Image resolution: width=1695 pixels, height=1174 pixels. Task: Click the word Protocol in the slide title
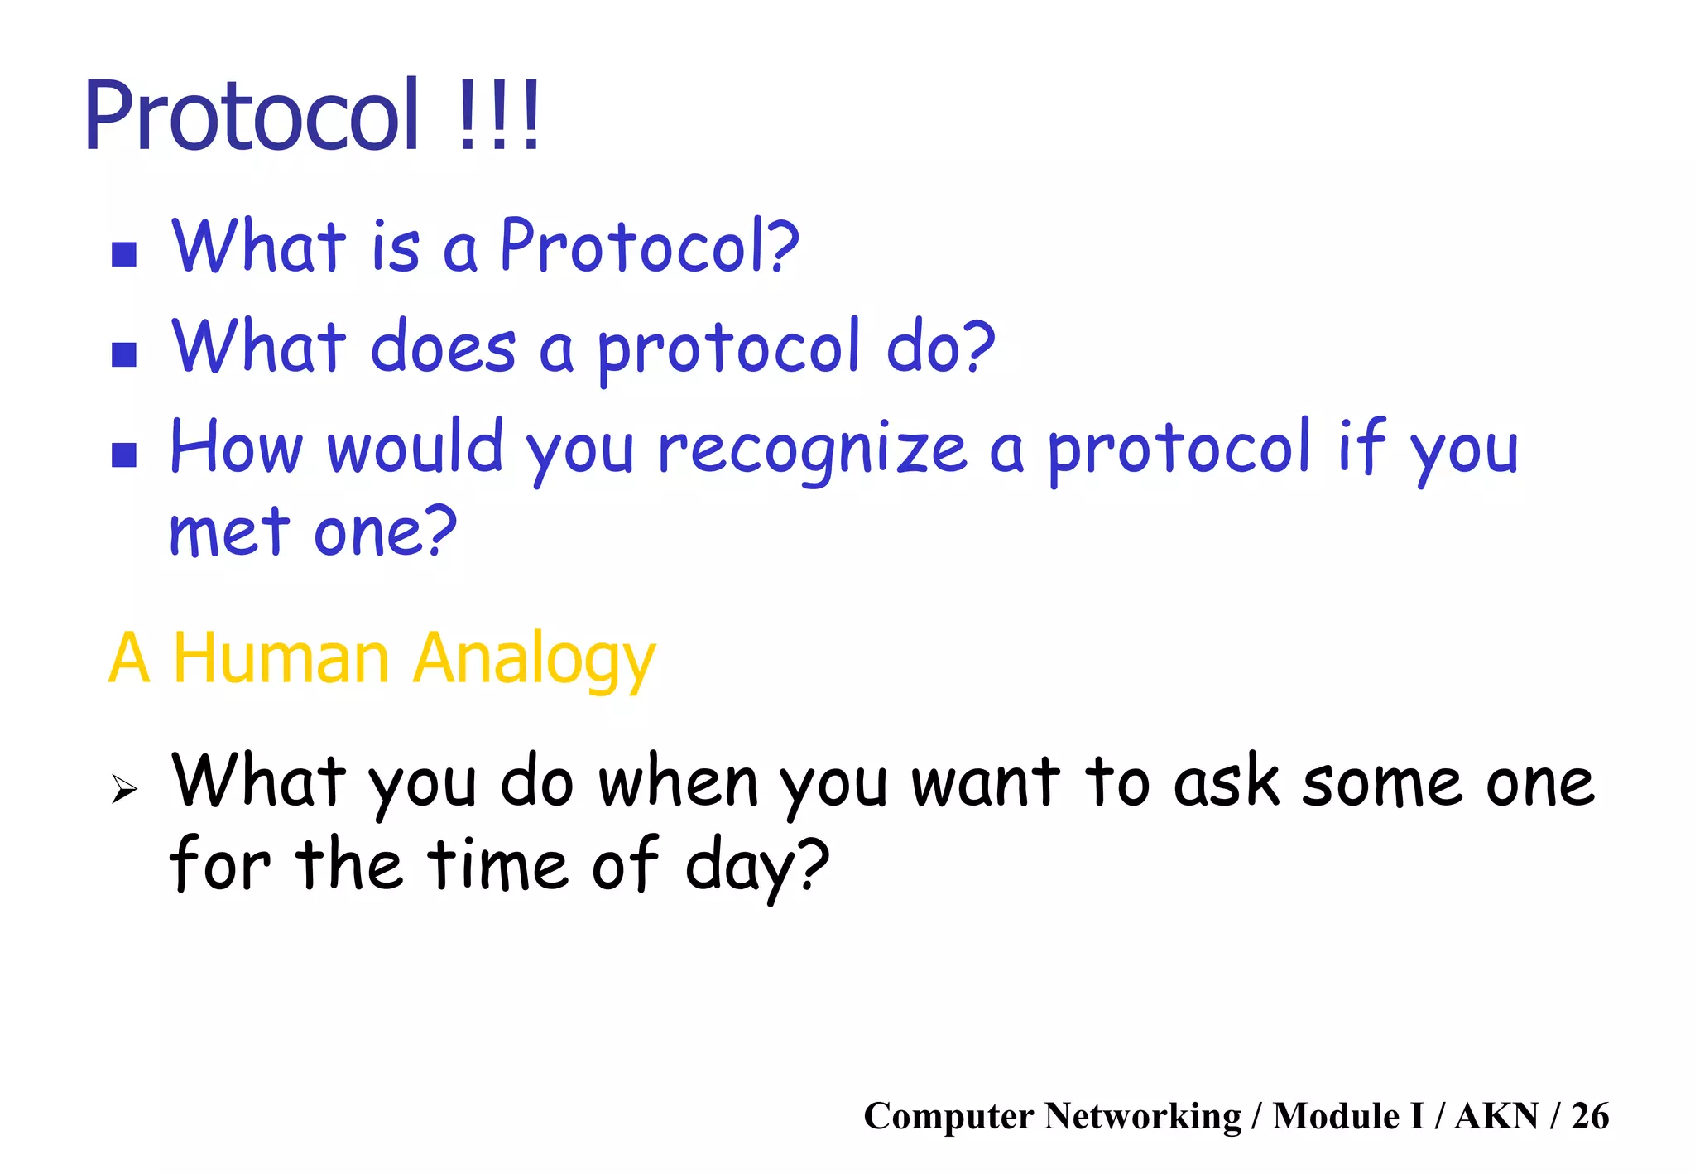(x=252, y=116)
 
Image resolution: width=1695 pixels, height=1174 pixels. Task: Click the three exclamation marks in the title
(x=498, y=116)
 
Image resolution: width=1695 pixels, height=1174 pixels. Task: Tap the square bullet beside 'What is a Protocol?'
(x=124, y=254)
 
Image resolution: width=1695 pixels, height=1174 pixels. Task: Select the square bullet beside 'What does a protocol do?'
(x=124, y=354)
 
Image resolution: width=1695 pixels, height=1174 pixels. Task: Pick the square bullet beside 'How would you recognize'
(x=124, y=455)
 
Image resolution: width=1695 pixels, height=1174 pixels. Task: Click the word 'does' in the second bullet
(x=443, y=348)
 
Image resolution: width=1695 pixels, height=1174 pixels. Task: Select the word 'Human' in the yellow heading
(x=281, y=659)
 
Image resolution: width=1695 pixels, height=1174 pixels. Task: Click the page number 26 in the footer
(x=1589, y=1116)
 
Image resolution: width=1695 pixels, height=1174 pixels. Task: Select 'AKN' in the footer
(x=1496, y=1116)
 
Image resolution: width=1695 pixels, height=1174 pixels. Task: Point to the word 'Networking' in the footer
(x=1142, y=1116)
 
